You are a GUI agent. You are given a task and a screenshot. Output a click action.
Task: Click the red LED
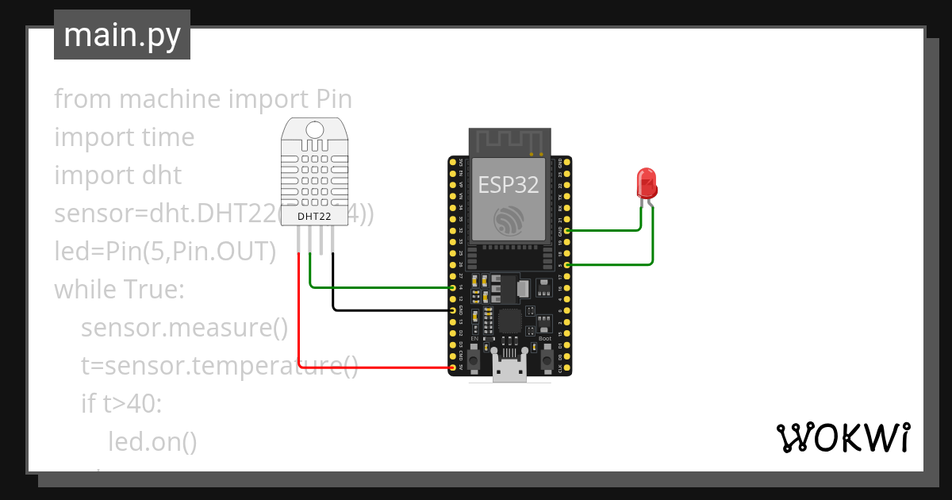coord(647,183)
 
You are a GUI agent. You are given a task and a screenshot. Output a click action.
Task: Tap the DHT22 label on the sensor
coord(314,216)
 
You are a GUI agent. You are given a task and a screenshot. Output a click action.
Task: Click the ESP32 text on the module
coord(509,185)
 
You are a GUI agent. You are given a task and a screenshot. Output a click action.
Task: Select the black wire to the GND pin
coord(389,310)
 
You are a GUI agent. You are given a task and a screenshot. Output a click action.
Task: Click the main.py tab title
coord(121,35)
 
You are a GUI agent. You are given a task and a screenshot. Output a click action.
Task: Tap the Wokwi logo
coord(842,437)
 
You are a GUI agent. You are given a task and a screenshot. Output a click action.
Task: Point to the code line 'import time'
coord(124,137)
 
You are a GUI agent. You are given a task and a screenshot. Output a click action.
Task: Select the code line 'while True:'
coord(119,290)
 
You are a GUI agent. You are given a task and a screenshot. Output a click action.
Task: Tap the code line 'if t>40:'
coord(121,404)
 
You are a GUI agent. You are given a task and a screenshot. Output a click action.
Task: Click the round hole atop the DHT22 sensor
coord(315,129)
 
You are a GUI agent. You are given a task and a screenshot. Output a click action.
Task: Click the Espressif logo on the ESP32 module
coord(509,221)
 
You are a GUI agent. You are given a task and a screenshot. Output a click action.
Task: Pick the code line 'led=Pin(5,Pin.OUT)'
coord(165,252)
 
